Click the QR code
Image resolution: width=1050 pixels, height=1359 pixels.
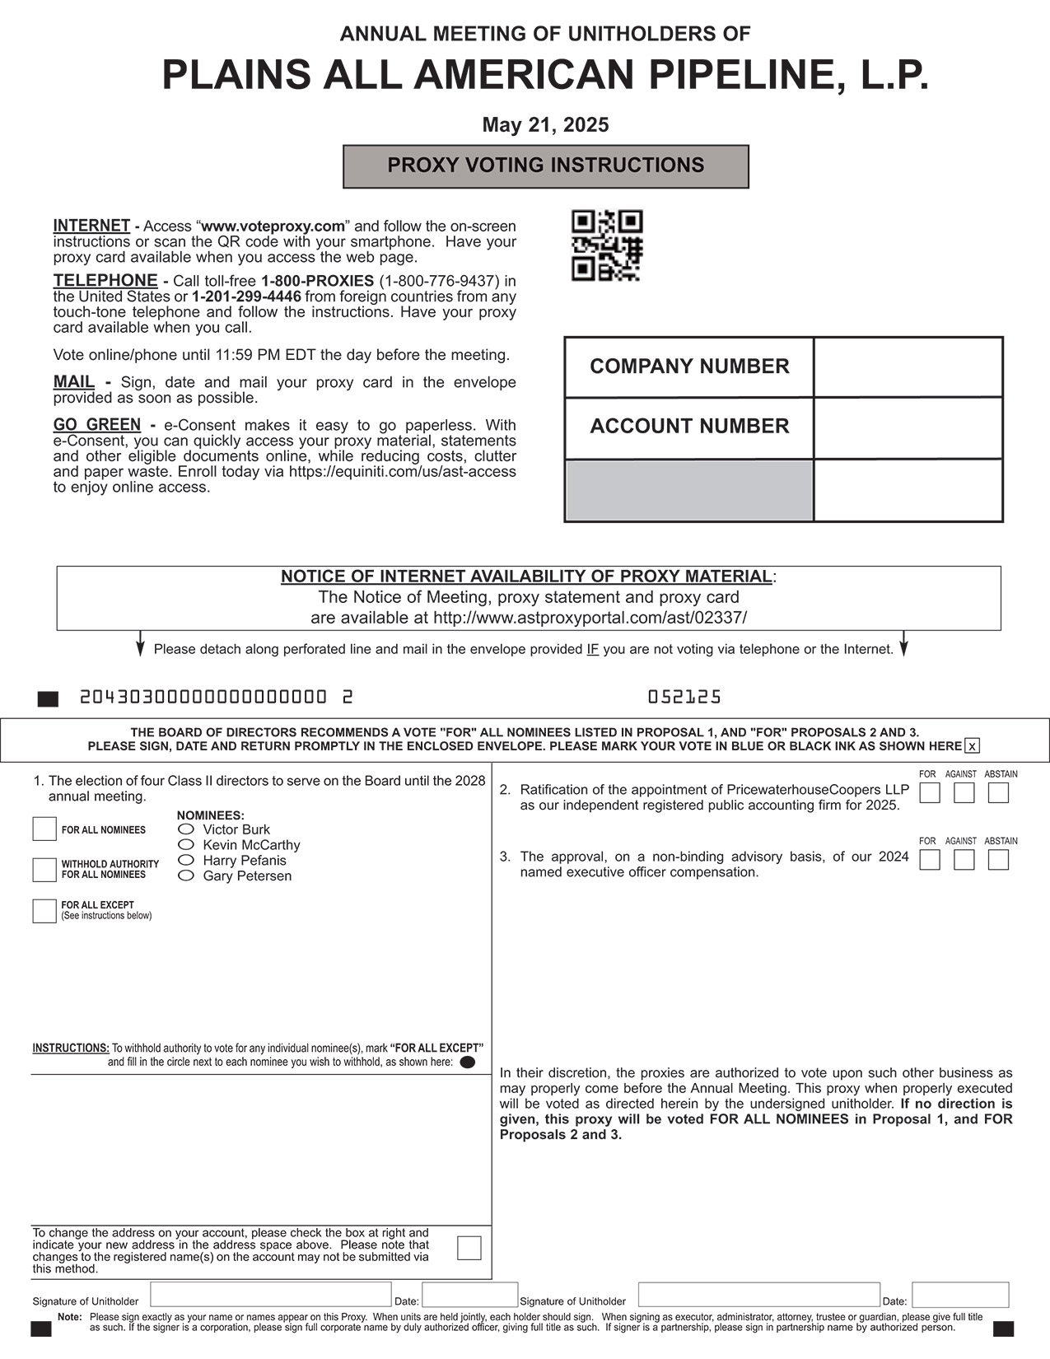tap(607, 245)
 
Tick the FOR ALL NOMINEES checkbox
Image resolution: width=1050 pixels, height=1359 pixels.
tap(44, 829)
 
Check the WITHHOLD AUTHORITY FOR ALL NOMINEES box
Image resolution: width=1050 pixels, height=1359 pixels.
tap(44, 870)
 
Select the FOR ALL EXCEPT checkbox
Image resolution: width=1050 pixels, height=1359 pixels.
tap(44, 911)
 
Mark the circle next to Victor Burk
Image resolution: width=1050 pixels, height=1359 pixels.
tap(187, 829)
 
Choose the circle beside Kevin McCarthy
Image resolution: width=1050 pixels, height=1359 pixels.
tap(187, 845)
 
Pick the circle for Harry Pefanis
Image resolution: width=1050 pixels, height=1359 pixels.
tap(187, 861)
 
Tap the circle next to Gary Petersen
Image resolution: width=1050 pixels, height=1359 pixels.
tap(187, 876)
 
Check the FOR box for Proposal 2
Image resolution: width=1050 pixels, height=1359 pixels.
tap(930, 793)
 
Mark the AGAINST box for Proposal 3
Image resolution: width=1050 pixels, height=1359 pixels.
tap(964, 860)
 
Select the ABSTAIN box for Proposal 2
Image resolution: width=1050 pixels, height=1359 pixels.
tap(998, 793)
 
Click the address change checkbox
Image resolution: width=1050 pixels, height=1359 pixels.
tap(469, 1248)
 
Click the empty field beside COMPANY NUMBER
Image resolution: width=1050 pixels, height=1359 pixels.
tap(908, 367)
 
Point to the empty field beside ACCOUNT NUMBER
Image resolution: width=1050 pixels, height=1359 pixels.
tap(908, 428)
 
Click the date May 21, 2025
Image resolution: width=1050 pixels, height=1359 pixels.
tap(545, 125)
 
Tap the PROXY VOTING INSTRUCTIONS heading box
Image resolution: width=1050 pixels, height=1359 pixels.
tap(545, 166)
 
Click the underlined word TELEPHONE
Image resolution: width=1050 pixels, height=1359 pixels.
tap(105, 281)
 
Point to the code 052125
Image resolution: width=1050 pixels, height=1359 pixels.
tap(684, 698)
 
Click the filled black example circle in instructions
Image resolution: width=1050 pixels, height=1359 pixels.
tap(468, 1062)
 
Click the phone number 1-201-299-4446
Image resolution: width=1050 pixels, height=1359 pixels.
tap(246, 297)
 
